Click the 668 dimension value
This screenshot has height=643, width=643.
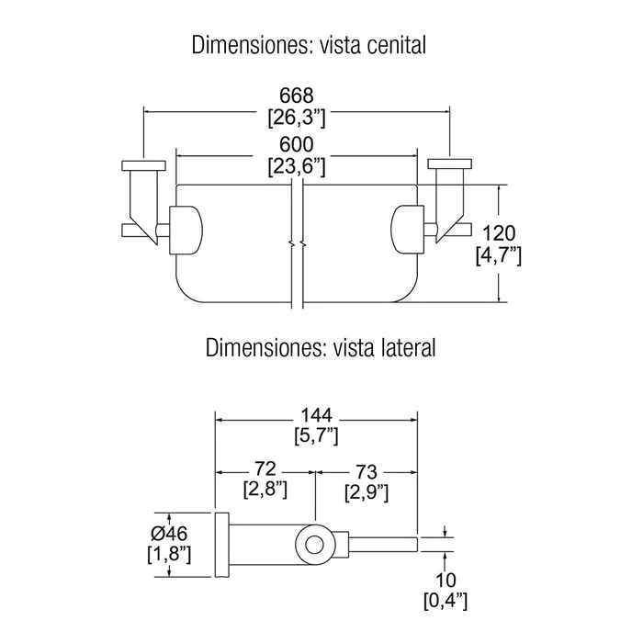pyautogui.click(x=297, y=96)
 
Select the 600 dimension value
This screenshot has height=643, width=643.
pyautogui.click(x=297, y=145)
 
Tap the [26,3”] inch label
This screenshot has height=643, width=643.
pyautogui.click(x=297, y=118)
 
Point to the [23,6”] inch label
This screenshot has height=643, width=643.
pyautogui.click(x=297, y=167)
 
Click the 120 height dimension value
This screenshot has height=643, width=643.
pyautogui.click(x=499, y=233)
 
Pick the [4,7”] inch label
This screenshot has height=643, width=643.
pyautogui.click(x=499, y=256)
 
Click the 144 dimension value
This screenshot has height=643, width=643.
pyautogui.click(x=316, y=415)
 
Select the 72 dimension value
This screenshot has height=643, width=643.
pyautogui.click(x=265, y=468)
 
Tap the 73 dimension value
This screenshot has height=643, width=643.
pyautogui.click(x=367, y=472)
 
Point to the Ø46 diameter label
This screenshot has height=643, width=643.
pyautogui.click(x=169, y=534)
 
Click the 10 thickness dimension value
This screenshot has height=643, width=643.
pyautogui.click(x=446, y=581)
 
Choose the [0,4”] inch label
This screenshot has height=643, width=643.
pyautogui.click(x=446, y=601)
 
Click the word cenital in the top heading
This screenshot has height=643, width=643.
pyautogui.click(x=396, y=45)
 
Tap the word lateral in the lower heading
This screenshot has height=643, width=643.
pyautogui.click(x=405, y=348)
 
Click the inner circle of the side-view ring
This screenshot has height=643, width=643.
pyautogui.click(x=314, y=544)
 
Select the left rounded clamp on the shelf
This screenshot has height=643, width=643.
pyautogui.click(x=186, y=230)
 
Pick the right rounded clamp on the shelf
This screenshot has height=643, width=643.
pyautogui.click(x=407, y=230)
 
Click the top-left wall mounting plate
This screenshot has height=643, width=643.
pyautogui.click(x=144, y=165)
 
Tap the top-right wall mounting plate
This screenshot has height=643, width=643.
pyautogui.click(x=450, y=164)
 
